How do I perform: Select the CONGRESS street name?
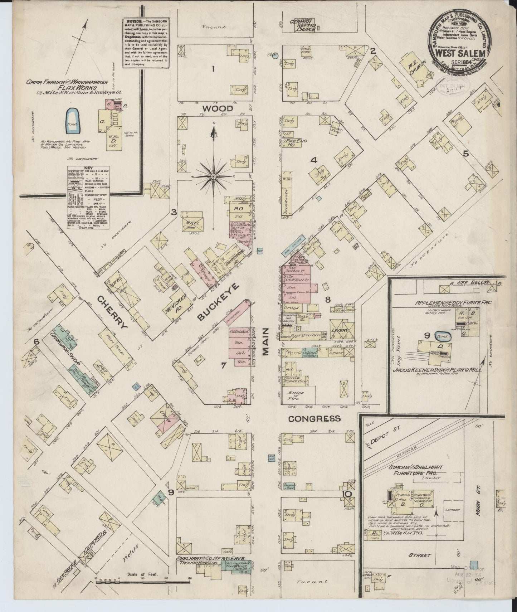314,419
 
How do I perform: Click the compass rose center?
213,176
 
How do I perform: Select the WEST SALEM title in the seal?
460,53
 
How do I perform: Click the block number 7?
224,365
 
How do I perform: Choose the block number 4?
313,161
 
